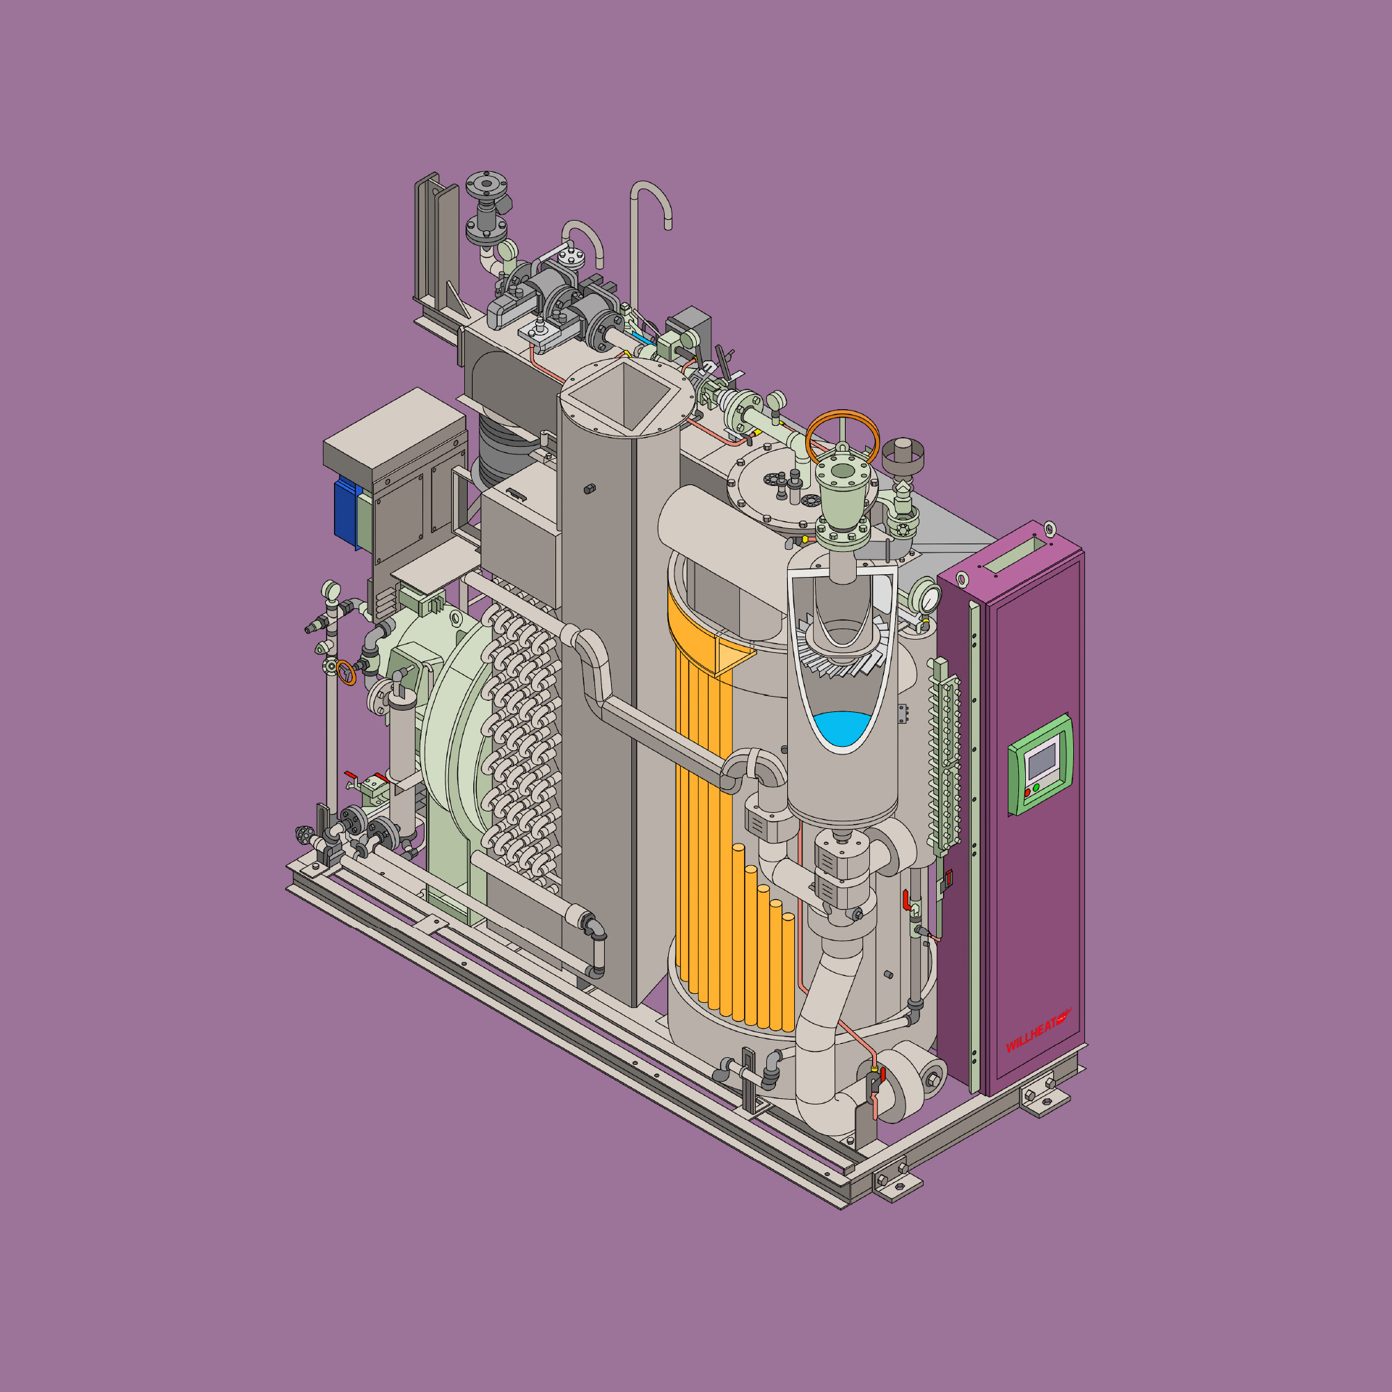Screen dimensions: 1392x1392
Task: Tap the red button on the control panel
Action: tap(1027, 793)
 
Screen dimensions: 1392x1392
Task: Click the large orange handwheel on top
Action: tap(842, 435)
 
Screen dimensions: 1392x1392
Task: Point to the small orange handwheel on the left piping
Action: tap(346, 672)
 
